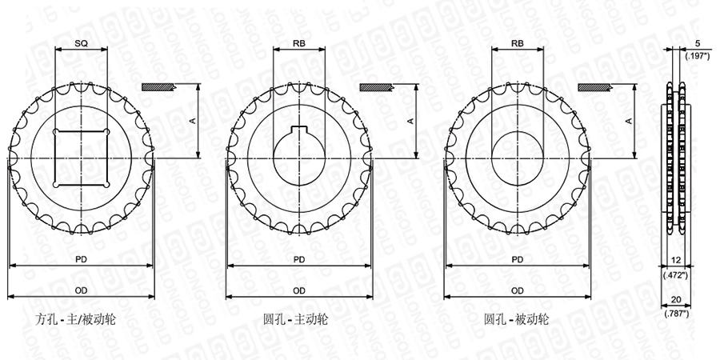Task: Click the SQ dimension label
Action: (82, 44)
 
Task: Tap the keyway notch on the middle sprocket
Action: (299, 129)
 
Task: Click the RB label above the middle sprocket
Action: (299, 44)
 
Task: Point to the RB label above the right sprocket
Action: (518, 44)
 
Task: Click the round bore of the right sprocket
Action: (491, 158)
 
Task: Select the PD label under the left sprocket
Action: (82, 259)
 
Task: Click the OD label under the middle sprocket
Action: (299, 290)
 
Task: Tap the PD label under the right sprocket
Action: (518, 259)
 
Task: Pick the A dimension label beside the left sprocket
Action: (193, 120)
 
